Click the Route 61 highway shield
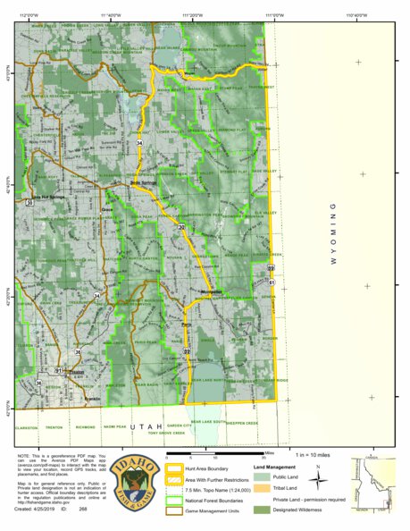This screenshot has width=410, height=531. pyautogui.click(x=272, y=282)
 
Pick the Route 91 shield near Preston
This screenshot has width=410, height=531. pyautogui.click(x=58, y=369)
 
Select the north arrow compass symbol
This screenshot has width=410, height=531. pyautogui.click(x=316, y=479)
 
